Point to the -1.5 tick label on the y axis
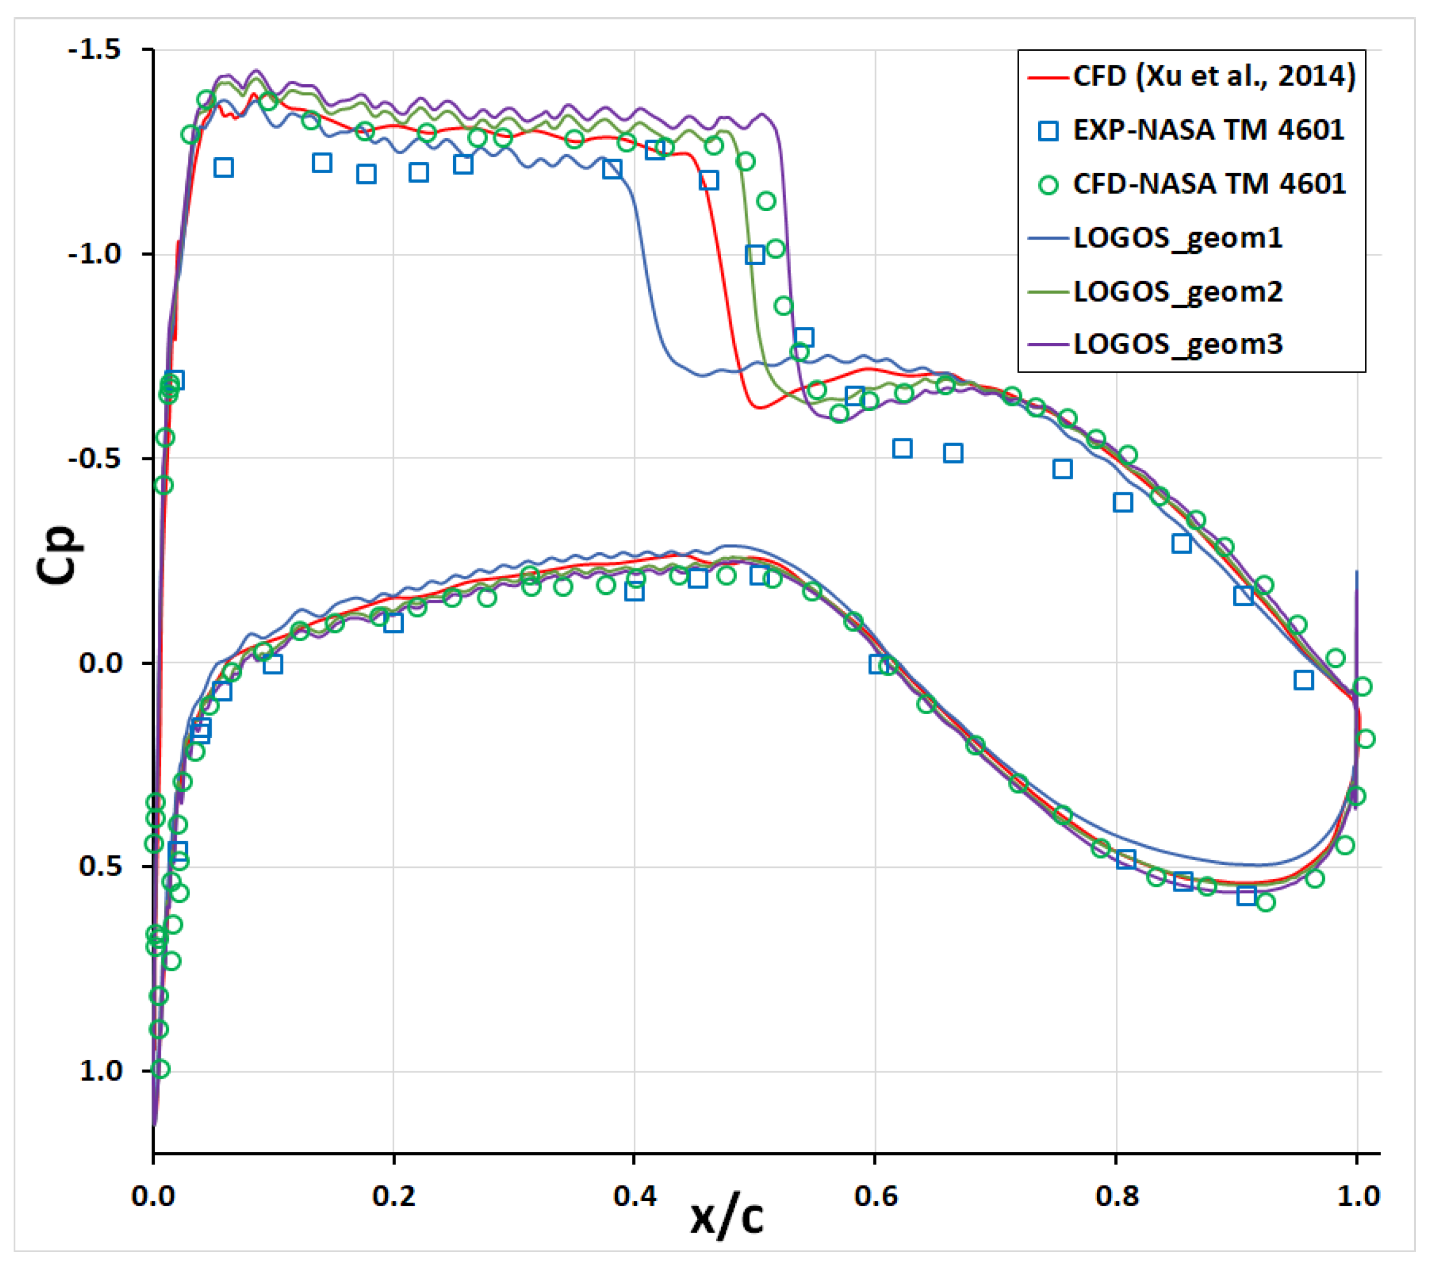coord(94,50)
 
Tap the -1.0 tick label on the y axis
coord(94,254)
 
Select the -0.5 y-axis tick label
coord(94,459)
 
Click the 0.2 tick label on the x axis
coord(394,1195)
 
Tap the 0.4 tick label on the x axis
coord(634,1195)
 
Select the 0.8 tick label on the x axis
coord(1116,1195)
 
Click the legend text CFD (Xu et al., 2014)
coord(1214,76)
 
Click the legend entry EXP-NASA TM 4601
coord(1208,130)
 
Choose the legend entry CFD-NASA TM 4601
coord(1208,184)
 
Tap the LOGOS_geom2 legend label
coord(1178,292)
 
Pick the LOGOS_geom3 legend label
coord(1178,345)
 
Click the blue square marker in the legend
coord(1048,130)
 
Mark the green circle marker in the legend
coord(1048,185)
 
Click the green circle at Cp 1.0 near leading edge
coord(160,1069)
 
